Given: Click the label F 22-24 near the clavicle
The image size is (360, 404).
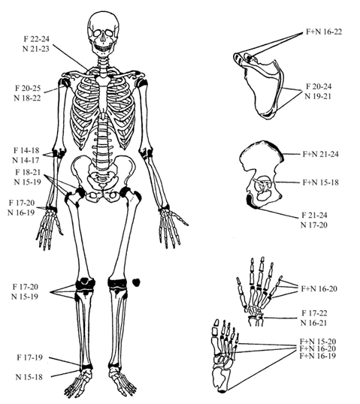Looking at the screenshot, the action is point(36,39).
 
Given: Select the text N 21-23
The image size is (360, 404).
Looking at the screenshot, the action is point(36,49).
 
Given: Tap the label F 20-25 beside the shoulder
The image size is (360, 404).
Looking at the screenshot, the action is point(28,88).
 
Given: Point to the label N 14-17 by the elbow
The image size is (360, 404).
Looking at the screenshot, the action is point(26,160).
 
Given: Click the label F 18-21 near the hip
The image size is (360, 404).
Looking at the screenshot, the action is point(28,172).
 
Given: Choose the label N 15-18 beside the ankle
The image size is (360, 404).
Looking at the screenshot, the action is point(29,377).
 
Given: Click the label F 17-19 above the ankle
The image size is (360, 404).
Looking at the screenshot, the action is point(29,357).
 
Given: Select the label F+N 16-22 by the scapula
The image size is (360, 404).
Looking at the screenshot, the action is point(324,32).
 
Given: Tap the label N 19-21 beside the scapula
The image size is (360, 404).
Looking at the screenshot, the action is point(318,96).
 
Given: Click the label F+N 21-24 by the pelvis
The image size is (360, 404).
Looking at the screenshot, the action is point(321,155).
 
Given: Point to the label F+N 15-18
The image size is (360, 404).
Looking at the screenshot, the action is point(321,182).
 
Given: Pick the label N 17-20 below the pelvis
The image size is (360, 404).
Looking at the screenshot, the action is point(314,225).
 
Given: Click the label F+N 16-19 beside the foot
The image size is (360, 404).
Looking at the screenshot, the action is point(318,356).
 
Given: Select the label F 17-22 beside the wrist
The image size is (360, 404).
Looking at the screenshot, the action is point(314,313).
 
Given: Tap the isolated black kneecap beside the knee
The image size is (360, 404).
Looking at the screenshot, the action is point(136,282).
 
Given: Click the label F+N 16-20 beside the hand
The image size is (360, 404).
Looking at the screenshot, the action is point(319,289).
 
